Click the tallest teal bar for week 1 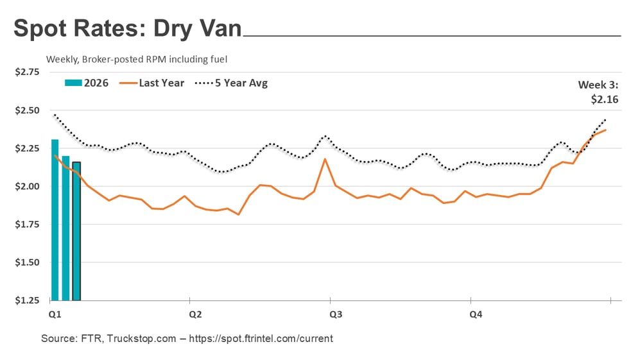point(55,219)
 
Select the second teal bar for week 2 point(65,228)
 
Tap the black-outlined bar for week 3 point(76,231)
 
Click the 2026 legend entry point(87,83)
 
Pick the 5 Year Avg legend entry point(232,83)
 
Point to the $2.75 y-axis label point(27,72)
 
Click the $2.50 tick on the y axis point(27,110)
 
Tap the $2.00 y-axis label point(27,186)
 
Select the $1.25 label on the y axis point(27,300)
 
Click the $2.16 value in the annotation point(604,99)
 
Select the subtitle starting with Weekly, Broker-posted point(137,59)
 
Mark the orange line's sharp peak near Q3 point(325,159)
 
